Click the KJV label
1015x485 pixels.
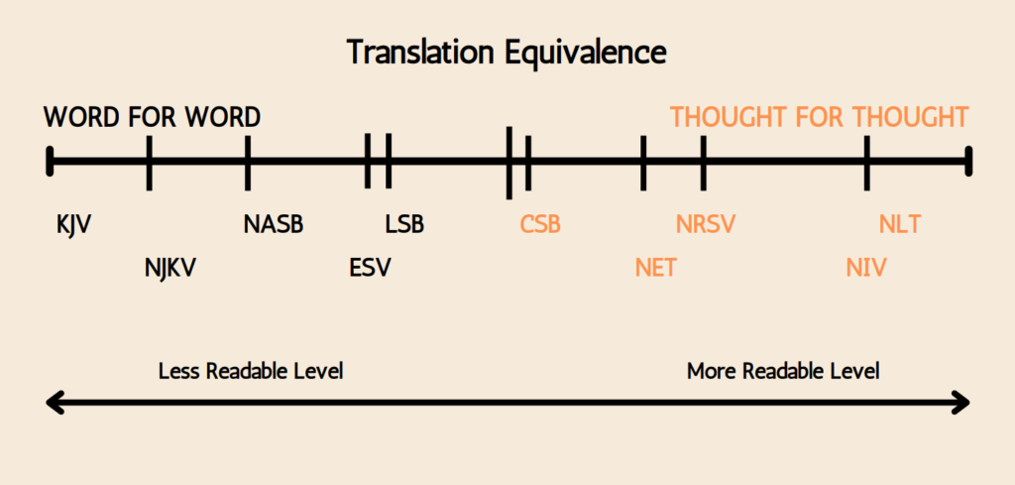[73, 225]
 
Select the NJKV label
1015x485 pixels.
[170, 268]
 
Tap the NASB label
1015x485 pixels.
[274, 225]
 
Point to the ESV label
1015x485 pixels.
[371, 268]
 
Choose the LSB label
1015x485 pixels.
[404, 225]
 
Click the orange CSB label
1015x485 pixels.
[540, 225]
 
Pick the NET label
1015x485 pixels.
[656, 268]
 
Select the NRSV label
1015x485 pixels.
[706, 225]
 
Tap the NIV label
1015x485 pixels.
[866, 268]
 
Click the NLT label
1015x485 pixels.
[900, 225]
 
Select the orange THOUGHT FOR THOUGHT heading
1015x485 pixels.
[819, 117]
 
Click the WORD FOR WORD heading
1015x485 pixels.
[152, 117]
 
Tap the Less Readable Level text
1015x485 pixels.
[251, 372]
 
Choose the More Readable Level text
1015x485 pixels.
[783, 372]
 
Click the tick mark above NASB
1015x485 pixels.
[247, 164]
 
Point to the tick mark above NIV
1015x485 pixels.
[866, 164]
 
